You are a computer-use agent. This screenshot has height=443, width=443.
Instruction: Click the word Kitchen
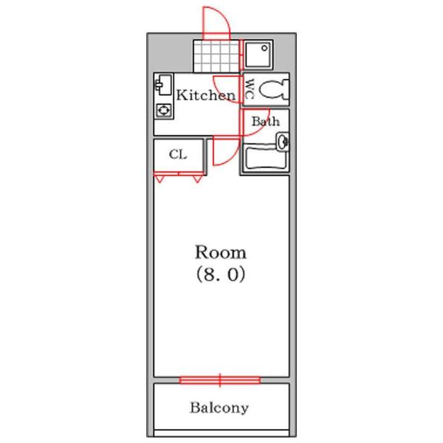click(x=205, y=95)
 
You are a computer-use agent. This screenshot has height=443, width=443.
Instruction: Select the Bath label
click(x=264, y=120)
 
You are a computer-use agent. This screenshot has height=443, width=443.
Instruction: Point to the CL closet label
click(x=177, y=154)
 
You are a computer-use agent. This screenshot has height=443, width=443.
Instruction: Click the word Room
click(x=221, y=252)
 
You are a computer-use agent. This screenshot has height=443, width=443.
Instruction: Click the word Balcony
click(x=219, y=408)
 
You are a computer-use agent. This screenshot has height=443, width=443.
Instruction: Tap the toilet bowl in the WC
click(x=275, y=89)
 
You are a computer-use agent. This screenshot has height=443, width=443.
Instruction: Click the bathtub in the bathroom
click(x=264, y=160)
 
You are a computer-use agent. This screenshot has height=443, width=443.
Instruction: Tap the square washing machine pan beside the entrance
click(x=258, y=54)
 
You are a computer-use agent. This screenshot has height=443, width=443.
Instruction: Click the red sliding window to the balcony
click(x=220, y=380)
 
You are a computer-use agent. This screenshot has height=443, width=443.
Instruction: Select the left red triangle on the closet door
click(x=159, y=178)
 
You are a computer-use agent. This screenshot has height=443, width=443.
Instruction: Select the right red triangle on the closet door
click(x=197, y=178)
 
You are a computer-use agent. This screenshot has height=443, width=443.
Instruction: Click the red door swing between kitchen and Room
click(x=220, y=151)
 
